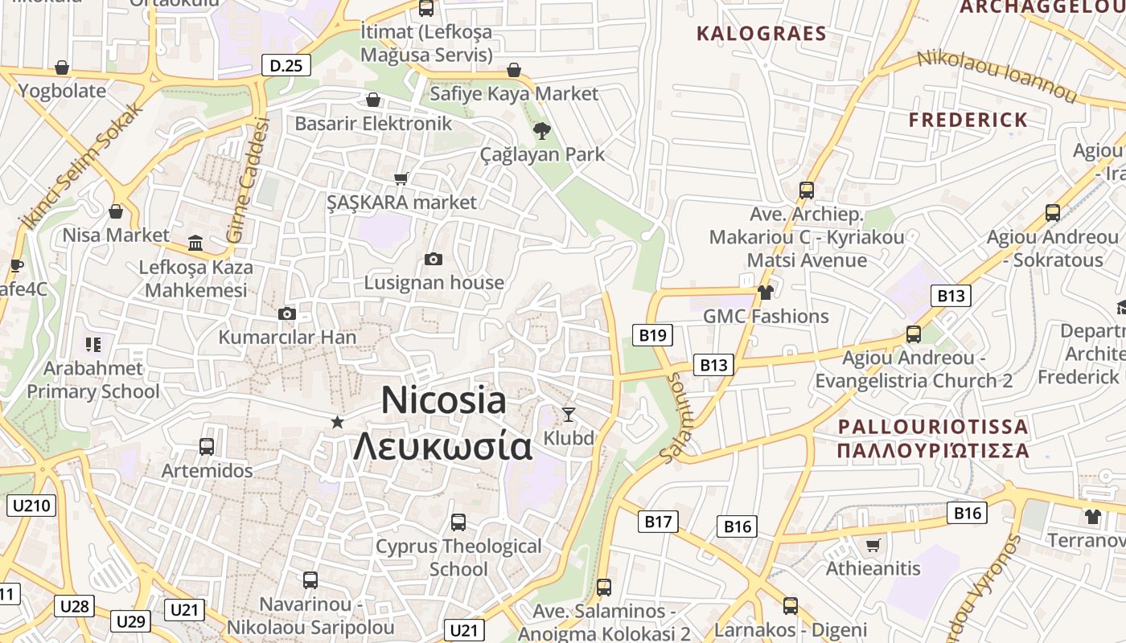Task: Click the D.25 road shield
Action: (x=286, y=65)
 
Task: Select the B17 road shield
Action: (x=657, y=522)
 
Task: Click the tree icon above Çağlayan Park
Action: (x=542, y=130)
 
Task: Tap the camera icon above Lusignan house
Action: (x=434, y=259)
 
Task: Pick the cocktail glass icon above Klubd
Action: (x=569, y=415)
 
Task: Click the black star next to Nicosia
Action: (x=338, y=422)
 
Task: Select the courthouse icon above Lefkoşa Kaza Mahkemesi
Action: (x=195, y=243)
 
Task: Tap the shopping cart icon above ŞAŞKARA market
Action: (x=401, y=178)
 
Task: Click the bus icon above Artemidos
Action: (x=207, y=447)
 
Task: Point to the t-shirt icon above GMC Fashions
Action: (x=765, y=293)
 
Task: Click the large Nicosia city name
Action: (x=444, y=400)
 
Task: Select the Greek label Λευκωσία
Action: (x=443, y=446)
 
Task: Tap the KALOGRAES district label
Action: (x=761, y=34)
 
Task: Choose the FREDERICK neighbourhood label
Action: (x=968, y=121)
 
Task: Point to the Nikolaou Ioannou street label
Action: (x=997, y=76)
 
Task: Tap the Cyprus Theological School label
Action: (x=458, y=557)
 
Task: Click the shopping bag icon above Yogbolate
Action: (x=62, y=68)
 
